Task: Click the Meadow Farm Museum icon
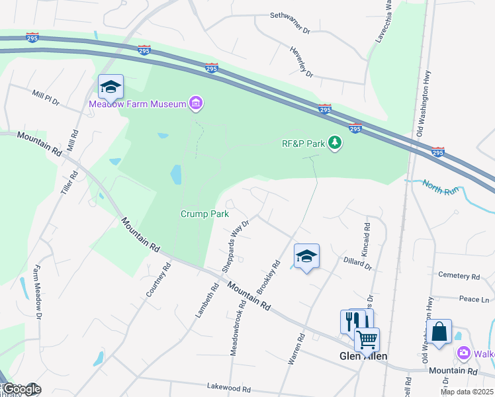click(195, 103)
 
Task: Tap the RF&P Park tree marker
click(336, 142)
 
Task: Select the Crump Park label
click(205, 214)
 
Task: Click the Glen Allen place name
click(363, 356)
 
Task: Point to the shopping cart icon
click(366, 339)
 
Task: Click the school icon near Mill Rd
click(111, 87)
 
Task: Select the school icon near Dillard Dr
click(306, 256)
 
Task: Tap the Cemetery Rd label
click(459, 276)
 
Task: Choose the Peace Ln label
click(474, 299)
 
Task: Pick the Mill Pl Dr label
click(46, 98)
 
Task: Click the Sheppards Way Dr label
click(236, 245)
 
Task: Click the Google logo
click(21, 389)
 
